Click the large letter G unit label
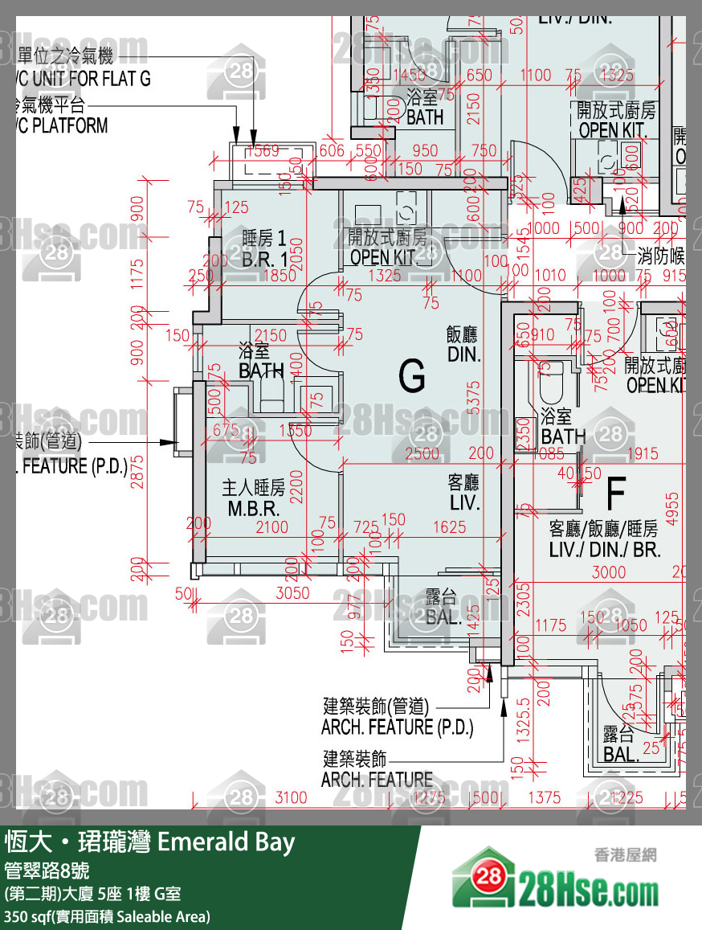click(412, 375)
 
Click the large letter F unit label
click(615, 494)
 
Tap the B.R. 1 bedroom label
click(264, 249)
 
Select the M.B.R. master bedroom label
click(253, 498)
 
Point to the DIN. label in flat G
click(463, 344)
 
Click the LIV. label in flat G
click(463, 493)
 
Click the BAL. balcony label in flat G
click(443, 608)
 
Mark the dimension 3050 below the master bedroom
click(292, 594)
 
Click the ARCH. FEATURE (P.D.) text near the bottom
click(397, 727)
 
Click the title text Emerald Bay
click(226, 842)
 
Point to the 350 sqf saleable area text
click(108, 916)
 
